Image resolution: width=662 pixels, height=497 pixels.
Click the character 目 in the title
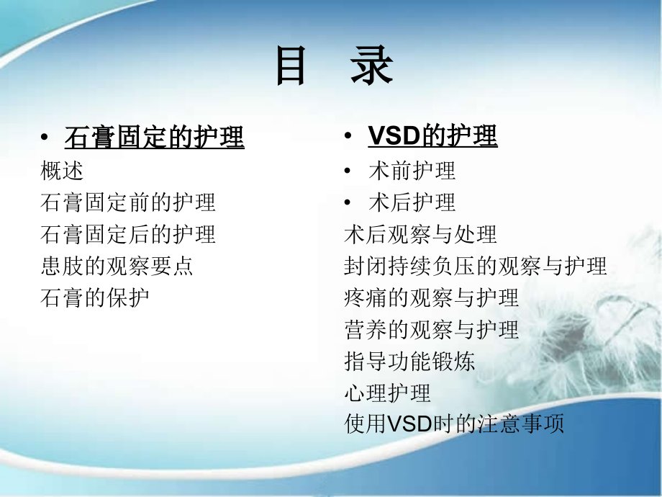point(291,68)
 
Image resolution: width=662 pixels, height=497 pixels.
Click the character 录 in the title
point(371,68)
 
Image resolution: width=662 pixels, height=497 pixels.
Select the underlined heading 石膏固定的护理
point(155,137)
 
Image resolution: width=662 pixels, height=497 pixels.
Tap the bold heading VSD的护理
point(432,136)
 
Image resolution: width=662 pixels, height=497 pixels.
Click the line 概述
point(63,171)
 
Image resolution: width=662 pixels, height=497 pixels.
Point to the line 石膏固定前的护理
point(128,202)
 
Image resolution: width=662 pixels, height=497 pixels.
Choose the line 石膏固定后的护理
point(128,234)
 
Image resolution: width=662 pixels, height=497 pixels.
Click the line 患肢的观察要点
point(117,266)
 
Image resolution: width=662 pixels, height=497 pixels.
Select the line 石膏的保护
point(95,297)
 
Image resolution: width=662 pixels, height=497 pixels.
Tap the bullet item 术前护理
point(412,171)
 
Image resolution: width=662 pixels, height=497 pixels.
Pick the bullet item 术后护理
point(412,202)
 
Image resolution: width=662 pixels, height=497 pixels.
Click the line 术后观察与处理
point(421,234)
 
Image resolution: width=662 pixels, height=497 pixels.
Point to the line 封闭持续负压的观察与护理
point(476,266)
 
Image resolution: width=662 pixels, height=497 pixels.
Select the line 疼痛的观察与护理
point(432,297)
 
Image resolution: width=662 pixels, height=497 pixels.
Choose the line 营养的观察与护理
point(432,329)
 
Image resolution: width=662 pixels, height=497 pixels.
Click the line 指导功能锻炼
point(409,361)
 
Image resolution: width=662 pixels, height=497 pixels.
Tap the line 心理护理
point(388,393)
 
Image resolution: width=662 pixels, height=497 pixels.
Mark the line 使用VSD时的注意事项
point(454,424)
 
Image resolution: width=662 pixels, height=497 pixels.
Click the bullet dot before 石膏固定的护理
point(45,138)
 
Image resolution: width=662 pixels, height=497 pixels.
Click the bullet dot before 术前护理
point(348,171)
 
